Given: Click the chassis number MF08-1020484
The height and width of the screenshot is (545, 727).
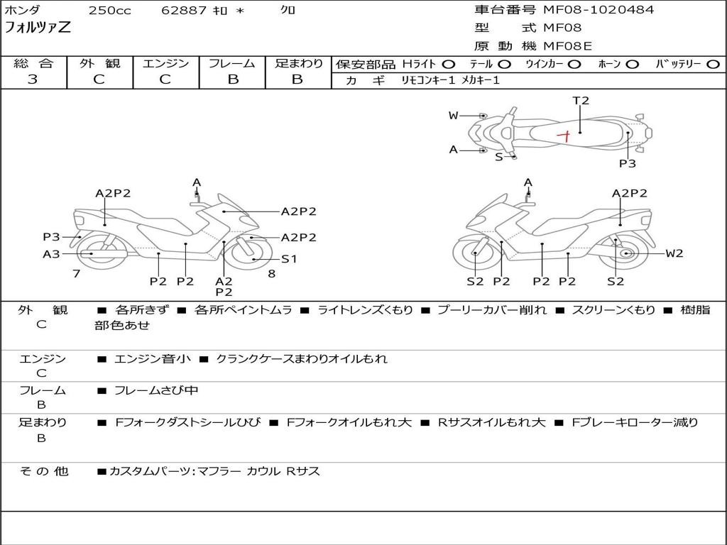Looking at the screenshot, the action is (598, 10).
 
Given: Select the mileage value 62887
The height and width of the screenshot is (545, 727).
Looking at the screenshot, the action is (184, 11).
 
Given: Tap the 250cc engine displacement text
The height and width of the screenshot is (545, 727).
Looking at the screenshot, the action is (110, 11).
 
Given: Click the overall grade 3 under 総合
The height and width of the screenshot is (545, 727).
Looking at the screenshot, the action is (33, 79).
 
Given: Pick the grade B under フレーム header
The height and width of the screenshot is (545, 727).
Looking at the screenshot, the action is (232, 79).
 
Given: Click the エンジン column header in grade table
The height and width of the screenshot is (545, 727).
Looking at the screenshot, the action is (165, 64).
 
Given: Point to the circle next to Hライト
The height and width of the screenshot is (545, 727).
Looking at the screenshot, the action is (449, 65).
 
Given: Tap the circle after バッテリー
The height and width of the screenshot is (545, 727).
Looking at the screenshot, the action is (713, 65).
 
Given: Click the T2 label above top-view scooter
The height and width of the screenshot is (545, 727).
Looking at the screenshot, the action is (581, 101).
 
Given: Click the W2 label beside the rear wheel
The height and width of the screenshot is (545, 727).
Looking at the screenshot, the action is (674, 253).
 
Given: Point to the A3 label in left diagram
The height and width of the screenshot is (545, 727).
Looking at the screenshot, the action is (51, 253).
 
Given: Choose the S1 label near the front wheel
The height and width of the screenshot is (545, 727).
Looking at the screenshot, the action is (289, 259).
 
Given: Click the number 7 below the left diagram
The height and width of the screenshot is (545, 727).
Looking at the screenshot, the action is (77, 273).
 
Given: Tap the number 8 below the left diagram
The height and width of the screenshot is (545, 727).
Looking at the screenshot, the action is (271, 273).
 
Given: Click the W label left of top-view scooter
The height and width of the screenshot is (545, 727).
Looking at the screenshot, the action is (454, 116).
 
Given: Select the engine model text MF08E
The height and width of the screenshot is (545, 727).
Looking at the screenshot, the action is (567, 46).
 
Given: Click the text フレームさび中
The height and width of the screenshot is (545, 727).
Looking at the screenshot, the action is (156, 390).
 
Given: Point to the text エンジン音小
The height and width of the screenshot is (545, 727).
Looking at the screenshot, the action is (152, 359).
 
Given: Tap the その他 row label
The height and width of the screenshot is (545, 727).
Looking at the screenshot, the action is (43, 471).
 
